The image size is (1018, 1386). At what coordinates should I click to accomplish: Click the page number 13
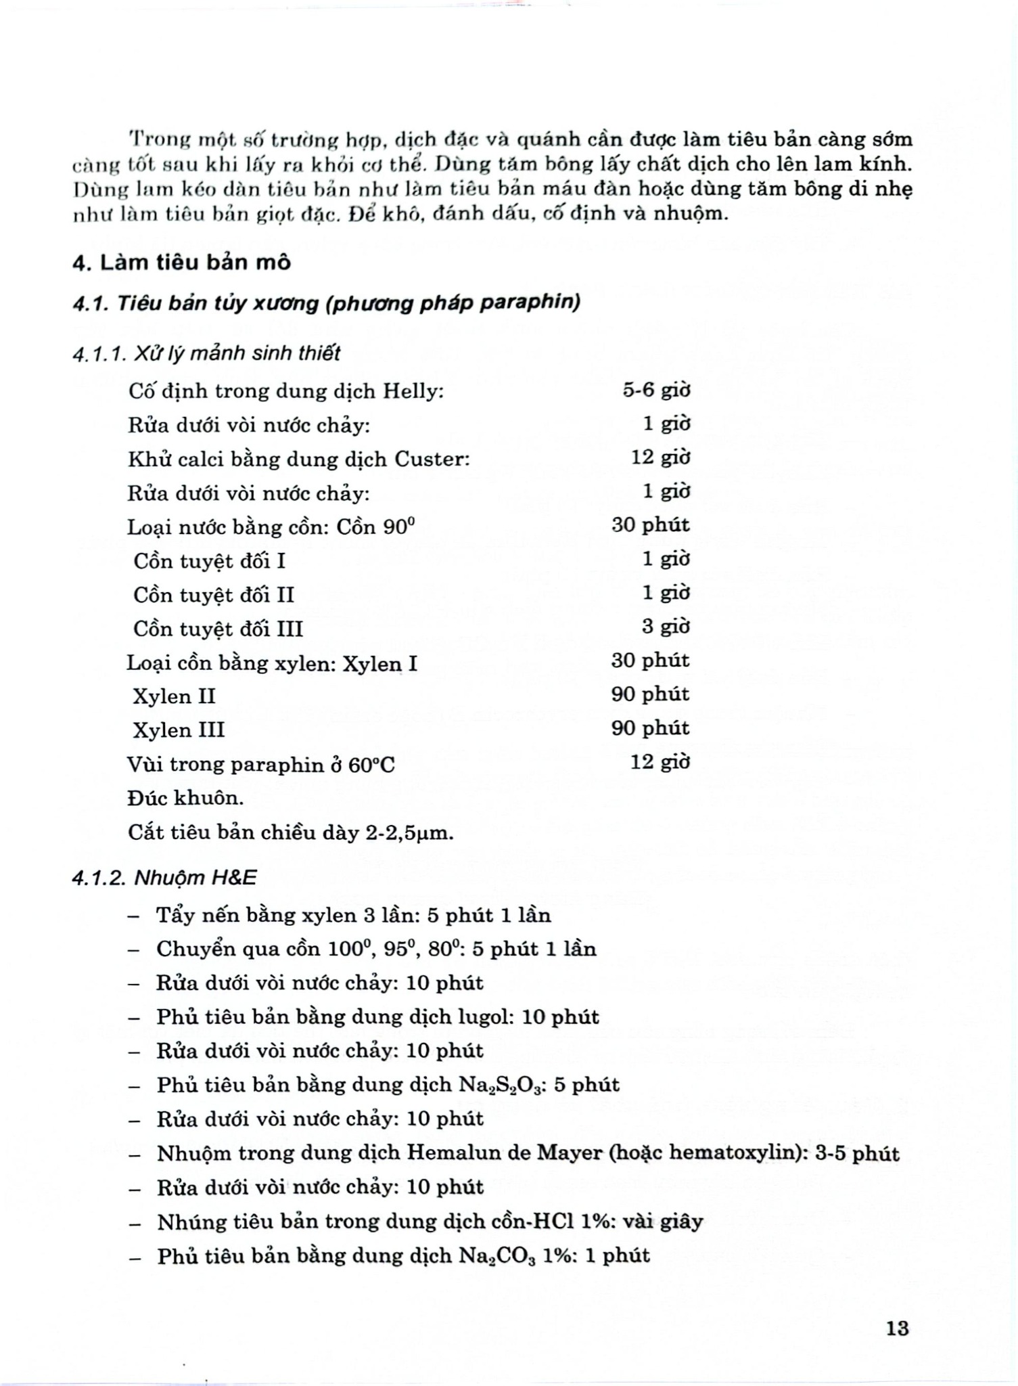pyautogui.click(x=897, y=1328)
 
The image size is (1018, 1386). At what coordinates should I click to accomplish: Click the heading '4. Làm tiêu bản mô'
pyautogui.click(x=181, y=263)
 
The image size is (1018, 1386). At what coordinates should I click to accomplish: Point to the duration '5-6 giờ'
pyautogui.click(x=656, y=390)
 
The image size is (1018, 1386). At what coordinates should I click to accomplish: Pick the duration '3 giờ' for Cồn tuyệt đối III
pyautogui.click(x=666, y=627)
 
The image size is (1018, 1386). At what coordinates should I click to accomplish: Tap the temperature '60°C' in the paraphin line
pyautogui.click(x=371, y=765)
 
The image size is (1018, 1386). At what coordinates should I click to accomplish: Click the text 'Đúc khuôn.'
pyautogui.click(x=186, y=799)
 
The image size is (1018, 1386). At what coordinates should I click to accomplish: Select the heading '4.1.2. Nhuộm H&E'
pyautogui.click(x=165, y=878)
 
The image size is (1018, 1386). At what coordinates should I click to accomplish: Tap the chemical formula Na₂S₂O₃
pyautogui.click(x=503, y=1086)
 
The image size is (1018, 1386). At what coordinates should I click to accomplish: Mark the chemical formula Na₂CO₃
pyautogui.click(x=497, y=1256)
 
